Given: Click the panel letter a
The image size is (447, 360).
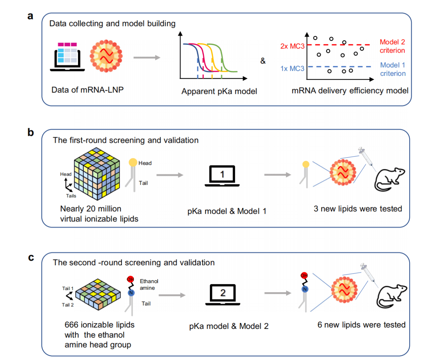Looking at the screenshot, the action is click(30, 16).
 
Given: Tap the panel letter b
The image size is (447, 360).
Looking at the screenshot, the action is click(31, 132).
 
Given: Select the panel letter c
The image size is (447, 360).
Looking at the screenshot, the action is click(31, 257).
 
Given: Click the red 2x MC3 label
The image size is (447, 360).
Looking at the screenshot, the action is click(292, 46).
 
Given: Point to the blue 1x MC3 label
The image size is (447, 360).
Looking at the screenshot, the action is click(292, 68).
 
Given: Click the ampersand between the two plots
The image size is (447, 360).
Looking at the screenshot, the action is click(263, 61).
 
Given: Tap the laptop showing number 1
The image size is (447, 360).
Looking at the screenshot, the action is click(222, 176).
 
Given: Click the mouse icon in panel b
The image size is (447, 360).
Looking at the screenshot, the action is click(389, 179).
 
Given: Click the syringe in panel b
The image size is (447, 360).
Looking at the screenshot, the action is click(366, 157).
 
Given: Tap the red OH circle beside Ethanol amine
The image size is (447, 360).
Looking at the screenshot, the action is click(131, 279).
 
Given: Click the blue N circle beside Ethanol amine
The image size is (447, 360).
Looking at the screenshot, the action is click(131, 293).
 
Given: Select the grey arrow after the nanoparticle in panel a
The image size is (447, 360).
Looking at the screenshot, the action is click(147, 57).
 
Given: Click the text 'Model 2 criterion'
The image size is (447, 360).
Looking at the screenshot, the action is click(392, 46).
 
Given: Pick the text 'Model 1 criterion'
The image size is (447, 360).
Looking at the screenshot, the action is click(393, 69).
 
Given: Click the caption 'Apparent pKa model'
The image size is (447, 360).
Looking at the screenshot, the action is click(219, 91).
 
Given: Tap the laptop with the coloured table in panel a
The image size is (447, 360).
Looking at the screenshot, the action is click(67, 57).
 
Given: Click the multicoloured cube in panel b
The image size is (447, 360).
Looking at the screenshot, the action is click(97, 174).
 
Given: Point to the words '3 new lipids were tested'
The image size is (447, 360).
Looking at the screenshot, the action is click(358, 209).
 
